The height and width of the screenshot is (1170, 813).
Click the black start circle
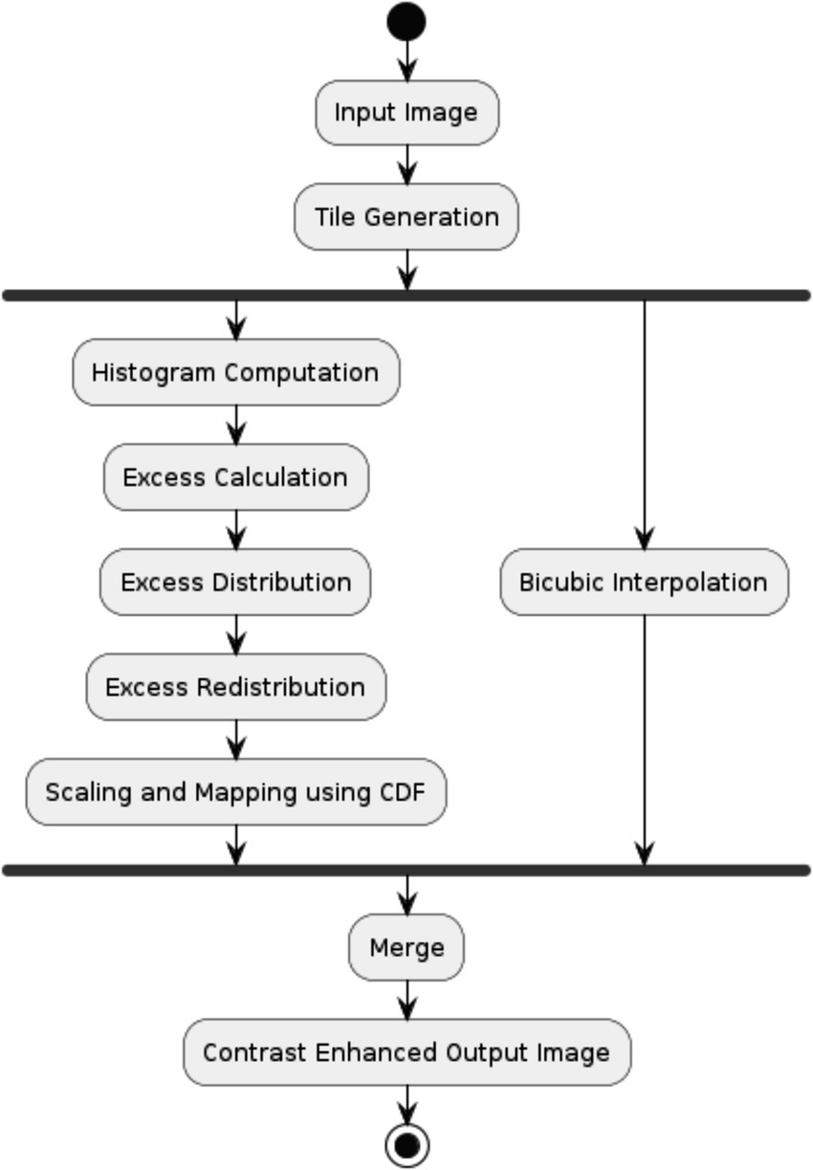point(406,22)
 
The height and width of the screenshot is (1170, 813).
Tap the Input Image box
point(406,113)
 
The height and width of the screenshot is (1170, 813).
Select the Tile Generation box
point(406,217)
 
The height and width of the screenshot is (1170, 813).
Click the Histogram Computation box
point(235,372)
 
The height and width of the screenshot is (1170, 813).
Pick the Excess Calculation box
point(235,477)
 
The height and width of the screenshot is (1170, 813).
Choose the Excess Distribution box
point(235,582)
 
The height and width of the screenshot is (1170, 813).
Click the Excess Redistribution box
point(235,687)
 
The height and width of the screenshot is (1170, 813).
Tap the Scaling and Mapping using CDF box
point(235,792)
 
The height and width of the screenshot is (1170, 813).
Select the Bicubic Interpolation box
point(644,582)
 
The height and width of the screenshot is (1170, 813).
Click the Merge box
point(406,947)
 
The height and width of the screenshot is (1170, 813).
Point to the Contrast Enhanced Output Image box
point(406,1052)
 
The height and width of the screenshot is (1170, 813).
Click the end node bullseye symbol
point(406,1144)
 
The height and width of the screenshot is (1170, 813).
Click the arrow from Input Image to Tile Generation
point(406,165)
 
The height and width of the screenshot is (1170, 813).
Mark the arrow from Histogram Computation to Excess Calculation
point(235,425)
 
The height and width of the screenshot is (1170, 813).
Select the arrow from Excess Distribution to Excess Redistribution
point(235,634)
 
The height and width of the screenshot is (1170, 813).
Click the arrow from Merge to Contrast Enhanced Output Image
point(406,1000)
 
